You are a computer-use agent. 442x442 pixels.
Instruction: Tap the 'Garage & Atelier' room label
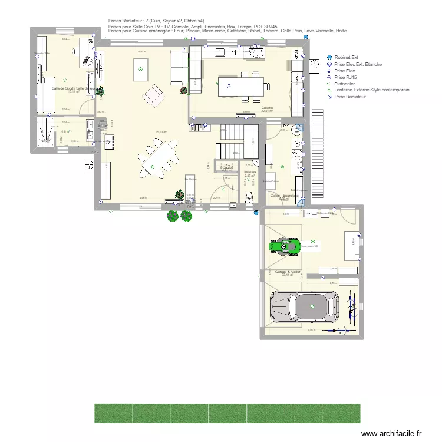(x=288, y=272)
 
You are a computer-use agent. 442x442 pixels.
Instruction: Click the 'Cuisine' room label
(x=268, y=108)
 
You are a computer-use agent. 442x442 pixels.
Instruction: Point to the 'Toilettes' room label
(x=249, y=172)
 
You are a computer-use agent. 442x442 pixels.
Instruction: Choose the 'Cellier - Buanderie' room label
(x=284, y=195)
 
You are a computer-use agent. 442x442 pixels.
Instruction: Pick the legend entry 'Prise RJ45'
(x=344, y=77)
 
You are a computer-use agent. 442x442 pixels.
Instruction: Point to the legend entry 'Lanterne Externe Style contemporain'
(x=371, y=90)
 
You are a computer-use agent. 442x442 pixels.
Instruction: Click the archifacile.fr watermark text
(x=391, y=433)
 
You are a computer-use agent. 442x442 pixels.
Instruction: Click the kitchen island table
(x=242, y=87)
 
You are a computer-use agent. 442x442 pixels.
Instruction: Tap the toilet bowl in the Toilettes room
(x=249, y=197)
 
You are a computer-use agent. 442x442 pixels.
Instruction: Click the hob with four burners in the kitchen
(x=255, y=53)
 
